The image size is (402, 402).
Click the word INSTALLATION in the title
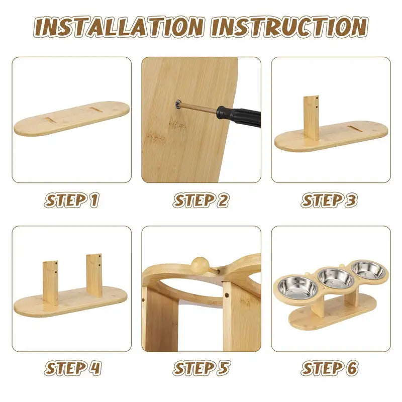click(119, 27)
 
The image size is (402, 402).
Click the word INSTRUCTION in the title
click(289, 27)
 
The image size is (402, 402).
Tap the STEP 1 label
click(72, 200)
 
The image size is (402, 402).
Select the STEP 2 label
click(201, 200)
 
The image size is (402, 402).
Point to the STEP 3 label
click(329, 200)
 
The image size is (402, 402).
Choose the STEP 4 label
click(73, 368)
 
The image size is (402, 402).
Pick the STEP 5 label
click(202, 368)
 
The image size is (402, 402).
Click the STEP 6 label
click(330, 368)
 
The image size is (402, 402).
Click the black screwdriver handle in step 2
click(238, 117)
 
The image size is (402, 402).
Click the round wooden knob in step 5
click(200, 265)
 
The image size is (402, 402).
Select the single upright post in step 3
click(312, 118)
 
